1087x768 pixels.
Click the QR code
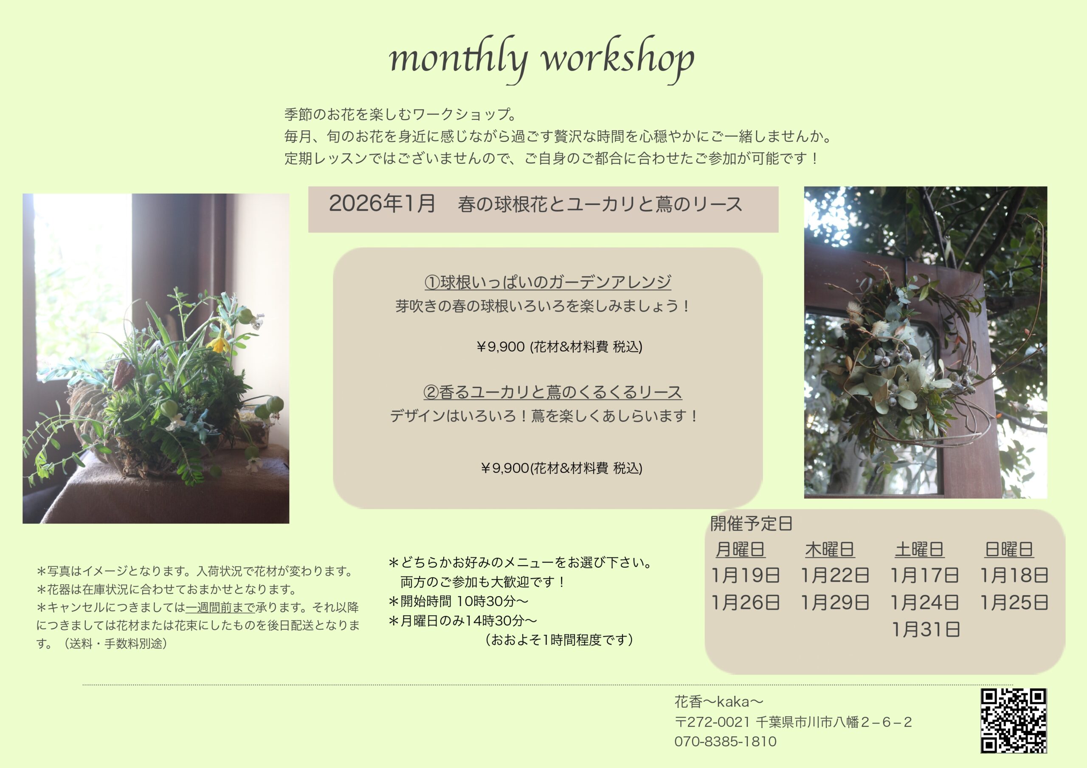click(x=1014, y=720)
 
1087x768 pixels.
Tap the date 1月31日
click(x=926, y=630)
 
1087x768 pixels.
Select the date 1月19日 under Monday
click(x=746, y=575)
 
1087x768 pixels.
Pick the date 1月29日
click(x=835, y=602)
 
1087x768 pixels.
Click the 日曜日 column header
click(x=1009, y=550)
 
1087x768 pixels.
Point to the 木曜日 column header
click(x=829, y=550)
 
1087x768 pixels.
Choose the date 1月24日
click(x=925, y=602)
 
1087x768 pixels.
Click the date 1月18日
click(x=1014, y=575)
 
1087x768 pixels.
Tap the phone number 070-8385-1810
click(x=725, y=742)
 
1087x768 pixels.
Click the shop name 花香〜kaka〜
click(x=719, y=701)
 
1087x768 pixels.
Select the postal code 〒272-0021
click(x=712, y=722)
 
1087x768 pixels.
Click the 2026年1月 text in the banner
click(x=382, y=203)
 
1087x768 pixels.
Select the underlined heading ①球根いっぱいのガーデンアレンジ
click(x=548, y=282)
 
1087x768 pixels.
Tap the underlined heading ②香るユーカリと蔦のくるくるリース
click(x=552, y=392)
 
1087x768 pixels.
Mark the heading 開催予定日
click(x=751, y=523)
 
